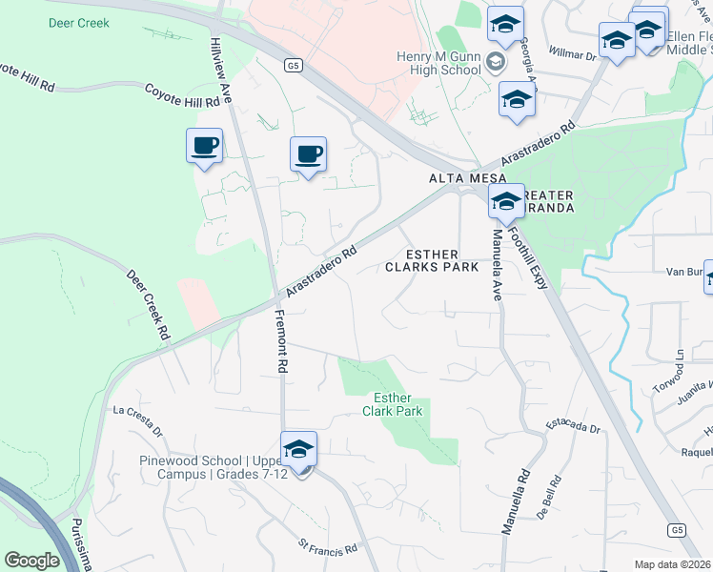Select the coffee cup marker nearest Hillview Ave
[204, 147]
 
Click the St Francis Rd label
[327, 549]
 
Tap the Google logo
[32, 561]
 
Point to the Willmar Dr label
[572, 55]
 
